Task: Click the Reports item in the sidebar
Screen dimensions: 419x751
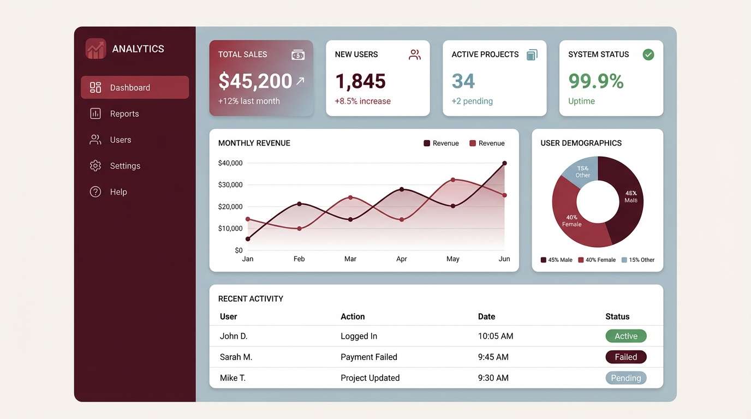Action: [x=124, y=113]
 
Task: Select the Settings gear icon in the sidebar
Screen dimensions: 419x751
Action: [x=96, y=166]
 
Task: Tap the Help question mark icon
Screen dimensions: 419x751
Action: [x=96, y=192]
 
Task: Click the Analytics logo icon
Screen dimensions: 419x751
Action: [x=96, y=49]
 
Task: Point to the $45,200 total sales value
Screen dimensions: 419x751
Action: [x=255, y=81]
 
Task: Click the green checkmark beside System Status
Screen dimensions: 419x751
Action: [x=648, y=55]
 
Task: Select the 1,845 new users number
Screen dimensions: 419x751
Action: [x=360, y=81]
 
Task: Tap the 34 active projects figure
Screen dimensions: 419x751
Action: [x=463, y=81]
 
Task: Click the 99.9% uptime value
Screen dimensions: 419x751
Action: [x=596, y=81]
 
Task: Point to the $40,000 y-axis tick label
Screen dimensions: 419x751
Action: [x=230, y=163]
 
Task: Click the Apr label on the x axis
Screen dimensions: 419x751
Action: [x=401, y=259]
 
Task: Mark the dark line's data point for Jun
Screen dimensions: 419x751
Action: [x=504, y=163]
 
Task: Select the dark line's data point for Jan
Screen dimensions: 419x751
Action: [x=248, y=239]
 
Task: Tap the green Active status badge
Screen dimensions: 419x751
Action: [x=625, y=336]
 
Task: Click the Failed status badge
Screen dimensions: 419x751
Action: [x=625, y=357]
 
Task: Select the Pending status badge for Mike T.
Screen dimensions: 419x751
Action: [x=625, y=378]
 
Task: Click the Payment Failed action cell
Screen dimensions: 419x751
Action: [x=369, y=357]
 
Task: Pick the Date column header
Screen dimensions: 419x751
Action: [x=486, y=316]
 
